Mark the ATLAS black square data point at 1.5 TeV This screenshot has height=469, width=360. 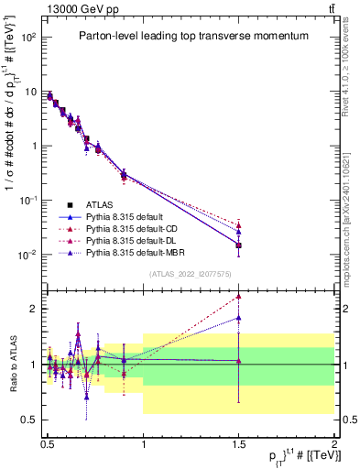pyautogui.click(x=238, y=245)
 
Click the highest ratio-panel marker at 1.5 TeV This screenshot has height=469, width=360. pyautogui.click(x=238, y=296)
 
